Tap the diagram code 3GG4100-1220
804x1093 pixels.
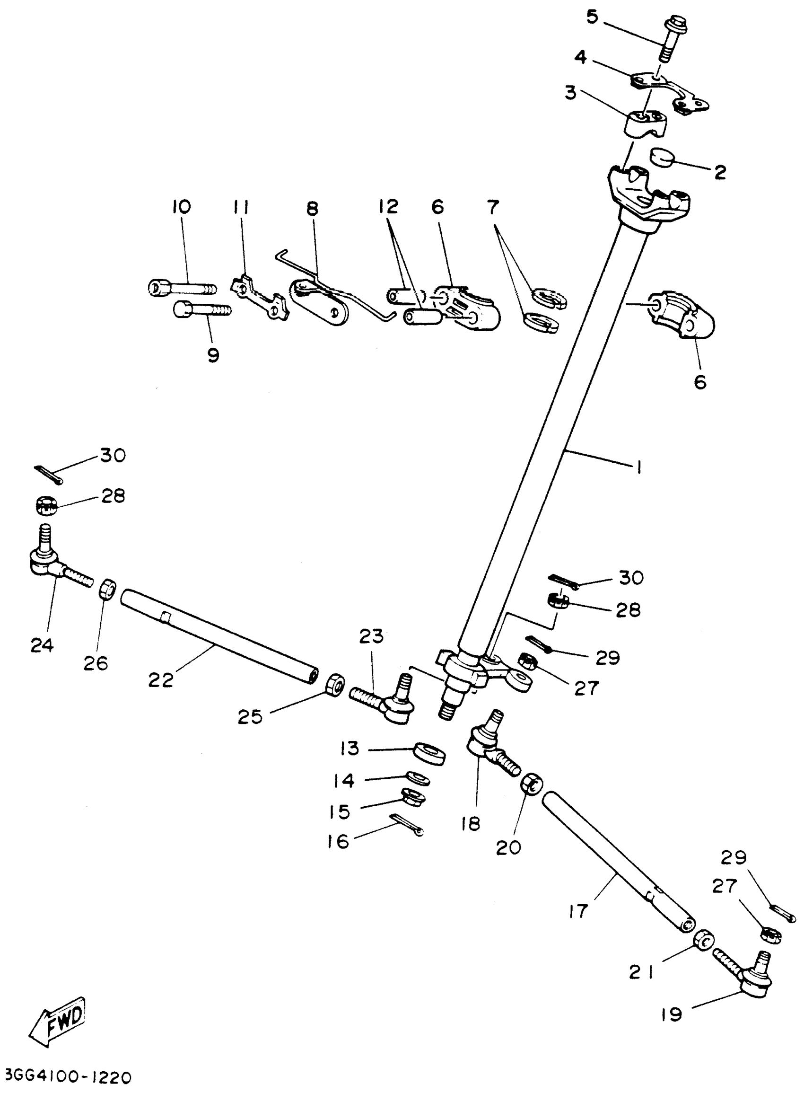(68, 1076)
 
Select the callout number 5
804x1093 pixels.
(592, 17)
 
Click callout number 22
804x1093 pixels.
(161, 680)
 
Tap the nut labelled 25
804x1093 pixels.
(335, 685)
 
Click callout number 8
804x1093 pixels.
(312, 208)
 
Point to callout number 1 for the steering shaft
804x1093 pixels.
(638, 467)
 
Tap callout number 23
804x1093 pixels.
(371, 636)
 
